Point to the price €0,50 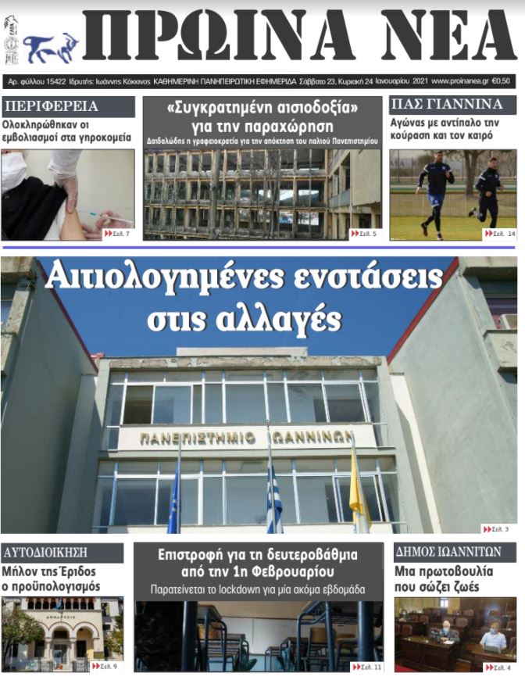(504, 81)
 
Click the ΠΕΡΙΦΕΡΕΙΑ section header (50, 106)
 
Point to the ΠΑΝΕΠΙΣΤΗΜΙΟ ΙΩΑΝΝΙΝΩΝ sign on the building (246, 438)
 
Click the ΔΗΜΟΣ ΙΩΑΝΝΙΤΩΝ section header (448, 553)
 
